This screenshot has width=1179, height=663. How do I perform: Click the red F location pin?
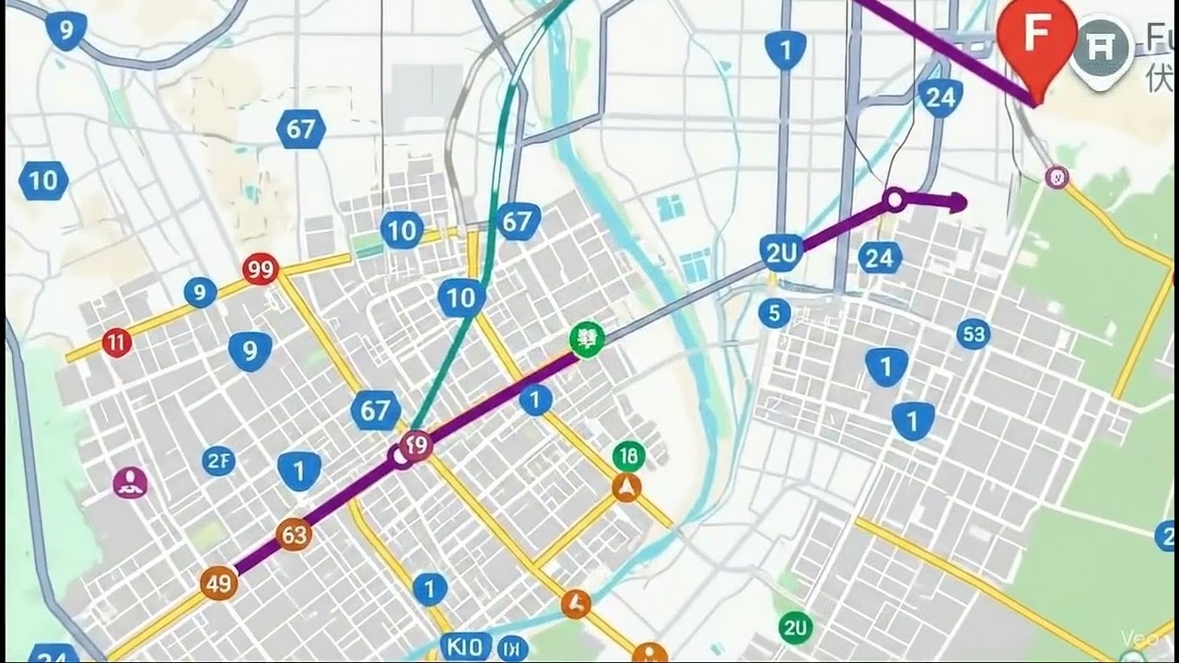point(1037,37)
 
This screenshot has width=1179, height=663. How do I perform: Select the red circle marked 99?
point(262,270)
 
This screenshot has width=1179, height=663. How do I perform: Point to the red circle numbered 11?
point(116,343)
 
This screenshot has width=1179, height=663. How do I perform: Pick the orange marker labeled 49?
point(219,583)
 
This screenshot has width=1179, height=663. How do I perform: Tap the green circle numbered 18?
point(629,455)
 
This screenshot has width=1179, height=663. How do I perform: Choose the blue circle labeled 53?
point(974,333)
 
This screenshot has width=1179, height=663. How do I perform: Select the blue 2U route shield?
point(780,250)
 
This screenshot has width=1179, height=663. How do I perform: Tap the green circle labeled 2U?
point(795,628)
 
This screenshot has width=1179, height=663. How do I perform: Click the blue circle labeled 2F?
point(219,460)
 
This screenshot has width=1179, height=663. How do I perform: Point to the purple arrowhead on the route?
point(958,203)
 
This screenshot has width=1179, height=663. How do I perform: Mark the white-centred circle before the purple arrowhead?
point(893,199)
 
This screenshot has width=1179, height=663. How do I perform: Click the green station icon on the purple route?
point(586,340)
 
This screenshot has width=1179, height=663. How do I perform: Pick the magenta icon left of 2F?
point(131,482)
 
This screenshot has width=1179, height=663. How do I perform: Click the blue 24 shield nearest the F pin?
point(940,97)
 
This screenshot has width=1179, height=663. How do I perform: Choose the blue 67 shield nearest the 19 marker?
point(375,410)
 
